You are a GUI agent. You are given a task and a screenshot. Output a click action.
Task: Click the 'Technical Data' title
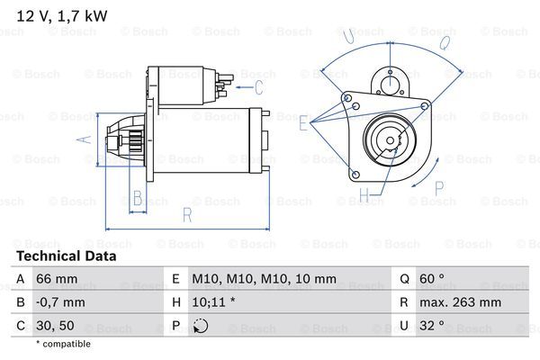tap(66, 256)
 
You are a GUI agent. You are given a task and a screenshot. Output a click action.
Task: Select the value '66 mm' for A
tap(56, 279)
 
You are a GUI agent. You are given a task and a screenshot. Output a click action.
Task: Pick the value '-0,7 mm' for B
tap(60, 302)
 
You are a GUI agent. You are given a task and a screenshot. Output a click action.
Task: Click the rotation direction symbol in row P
tap(201, 326)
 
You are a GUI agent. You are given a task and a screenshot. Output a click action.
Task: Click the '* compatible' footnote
tap(63, 344)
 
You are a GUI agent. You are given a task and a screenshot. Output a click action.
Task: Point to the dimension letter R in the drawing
tap(186, 214)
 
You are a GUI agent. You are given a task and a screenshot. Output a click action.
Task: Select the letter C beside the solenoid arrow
tap(258, 86)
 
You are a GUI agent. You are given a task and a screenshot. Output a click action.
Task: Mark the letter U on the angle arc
tap(346, 36)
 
